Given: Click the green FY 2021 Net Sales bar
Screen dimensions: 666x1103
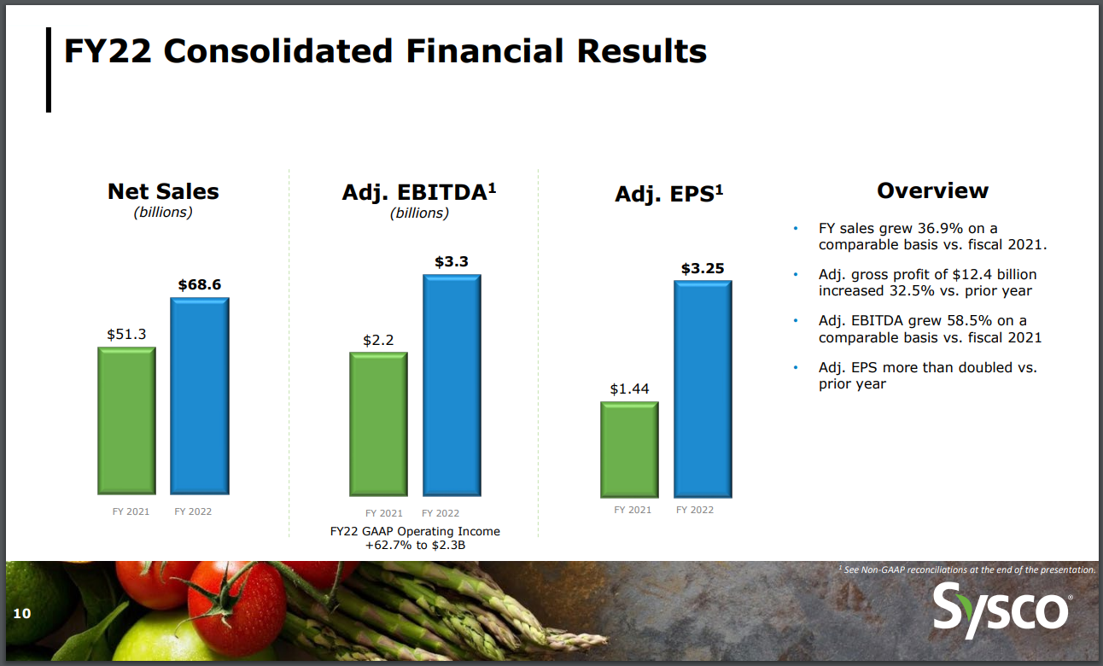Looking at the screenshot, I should tap(126, 420).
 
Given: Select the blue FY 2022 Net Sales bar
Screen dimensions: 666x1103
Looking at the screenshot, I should tap(199, 395).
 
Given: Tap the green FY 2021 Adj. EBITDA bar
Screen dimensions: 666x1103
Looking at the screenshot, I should tap(378, 424).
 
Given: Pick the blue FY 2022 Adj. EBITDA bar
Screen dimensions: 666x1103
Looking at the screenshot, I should tap(452, 385).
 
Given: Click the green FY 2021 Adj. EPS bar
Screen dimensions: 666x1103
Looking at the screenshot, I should tap(629, 449).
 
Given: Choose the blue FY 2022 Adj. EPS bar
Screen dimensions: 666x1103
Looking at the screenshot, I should tap(703, 388).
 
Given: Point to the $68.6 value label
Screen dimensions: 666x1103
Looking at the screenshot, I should tap(199, 285).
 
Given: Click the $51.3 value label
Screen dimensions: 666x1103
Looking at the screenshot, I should tap(126, 335).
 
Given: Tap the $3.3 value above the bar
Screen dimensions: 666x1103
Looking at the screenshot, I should tap(452, 262).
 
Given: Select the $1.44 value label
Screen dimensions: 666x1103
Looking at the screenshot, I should tap(629, 388).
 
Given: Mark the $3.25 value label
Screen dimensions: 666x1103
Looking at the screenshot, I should tap(703, 268).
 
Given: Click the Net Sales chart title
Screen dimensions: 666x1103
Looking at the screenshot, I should tap(163, 191).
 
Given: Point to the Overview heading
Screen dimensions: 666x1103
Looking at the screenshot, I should tap(932, 190).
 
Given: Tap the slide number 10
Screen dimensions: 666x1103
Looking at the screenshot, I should tap(21, 613).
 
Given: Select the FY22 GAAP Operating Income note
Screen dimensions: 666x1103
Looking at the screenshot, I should tap(415, 538).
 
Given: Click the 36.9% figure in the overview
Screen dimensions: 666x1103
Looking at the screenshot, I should tap(925, 228).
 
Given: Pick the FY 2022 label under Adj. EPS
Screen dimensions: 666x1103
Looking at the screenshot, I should tap(695, 510).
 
